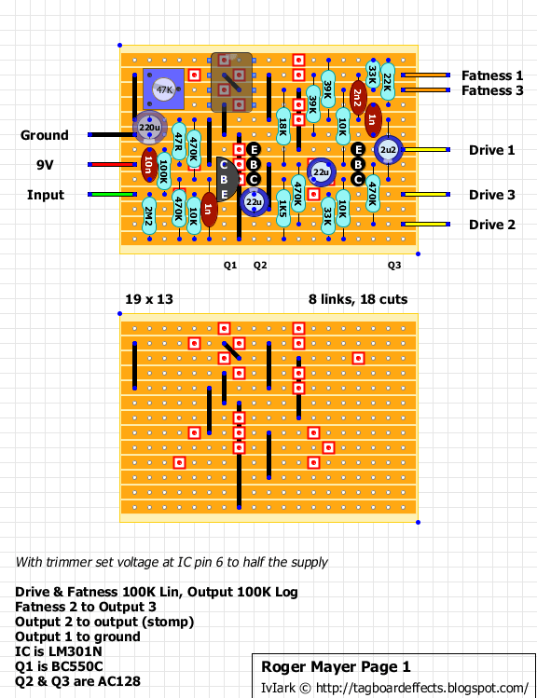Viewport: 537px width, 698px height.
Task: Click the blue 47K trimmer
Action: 163,89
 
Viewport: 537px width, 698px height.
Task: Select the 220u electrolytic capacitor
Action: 149,128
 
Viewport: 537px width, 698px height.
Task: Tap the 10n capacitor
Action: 149,165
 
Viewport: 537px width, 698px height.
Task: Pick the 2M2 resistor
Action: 149,216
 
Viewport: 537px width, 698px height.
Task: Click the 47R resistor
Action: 179,142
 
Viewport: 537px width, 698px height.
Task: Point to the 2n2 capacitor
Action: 358,98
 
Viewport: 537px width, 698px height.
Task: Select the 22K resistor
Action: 388,82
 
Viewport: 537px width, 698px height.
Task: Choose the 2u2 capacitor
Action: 388,149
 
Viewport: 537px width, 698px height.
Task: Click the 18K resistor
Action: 283,127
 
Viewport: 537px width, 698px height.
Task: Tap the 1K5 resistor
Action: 283,209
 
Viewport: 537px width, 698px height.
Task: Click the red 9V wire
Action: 112,165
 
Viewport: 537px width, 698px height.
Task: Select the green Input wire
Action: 112,195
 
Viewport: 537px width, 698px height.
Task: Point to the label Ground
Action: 45,135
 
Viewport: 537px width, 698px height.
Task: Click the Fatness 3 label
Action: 492,90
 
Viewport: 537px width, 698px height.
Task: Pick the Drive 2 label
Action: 492,225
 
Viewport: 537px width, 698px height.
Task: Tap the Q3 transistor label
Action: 394,266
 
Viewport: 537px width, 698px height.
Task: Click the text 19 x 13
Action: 149,299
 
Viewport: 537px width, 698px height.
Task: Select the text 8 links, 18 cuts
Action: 358,299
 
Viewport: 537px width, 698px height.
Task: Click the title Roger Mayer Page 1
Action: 336,667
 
